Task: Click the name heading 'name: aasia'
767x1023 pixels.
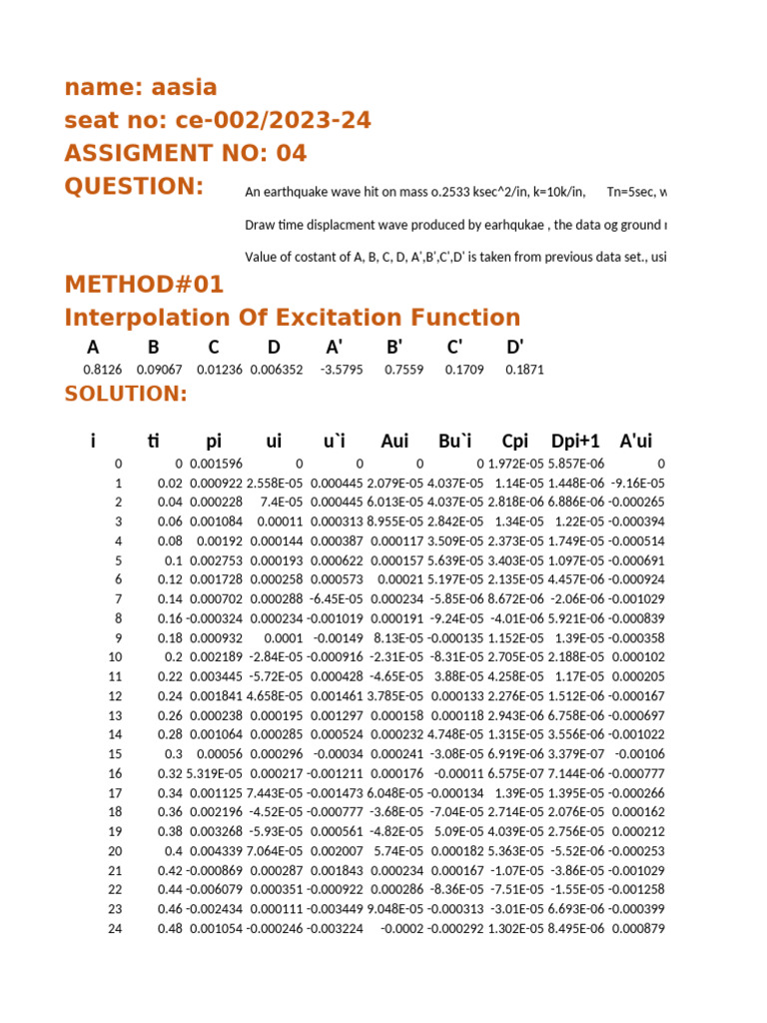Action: [141, 87]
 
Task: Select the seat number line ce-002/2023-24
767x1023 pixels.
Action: [218, 121]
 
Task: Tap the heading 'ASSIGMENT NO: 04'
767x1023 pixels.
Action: [186, 154]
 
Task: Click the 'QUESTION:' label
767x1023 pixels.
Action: [134, 187]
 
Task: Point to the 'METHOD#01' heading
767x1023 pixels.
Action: [144, 285]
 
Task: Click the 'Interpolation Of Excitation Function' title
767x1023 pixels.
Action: [293, 318]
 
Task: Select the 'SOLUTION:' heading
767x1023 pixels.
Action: [126, 394]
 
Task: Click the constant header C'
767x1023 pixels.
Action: [454, 348]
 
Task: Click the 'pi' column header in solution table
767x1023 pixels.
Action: [214, 441]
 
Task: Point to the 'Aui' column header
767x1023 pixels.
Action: [394, 441]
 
